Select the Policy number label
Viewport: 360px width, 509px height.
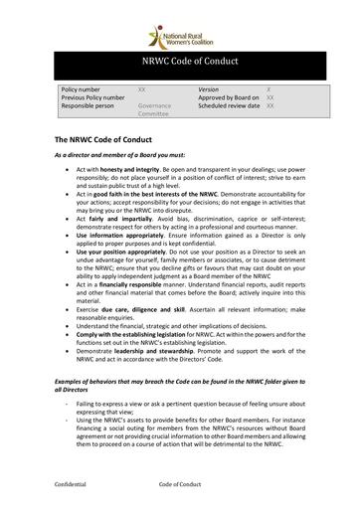pos(82,88)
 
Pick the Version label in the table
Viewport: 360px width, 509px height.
pos(208,88)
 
